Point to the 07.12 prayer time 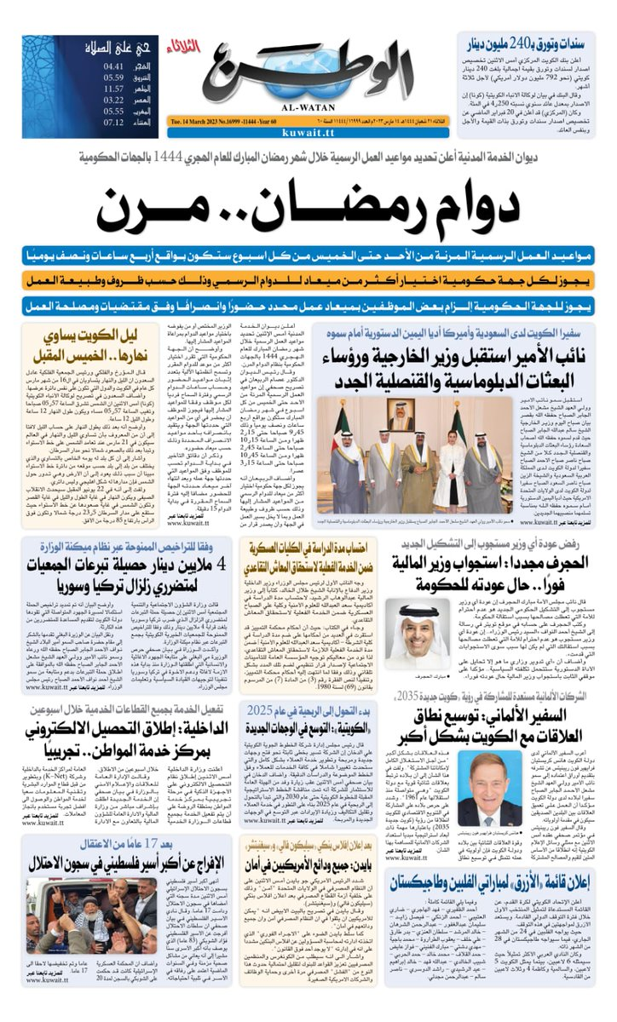(113, 123)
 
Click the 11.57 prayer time (113, 88)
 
